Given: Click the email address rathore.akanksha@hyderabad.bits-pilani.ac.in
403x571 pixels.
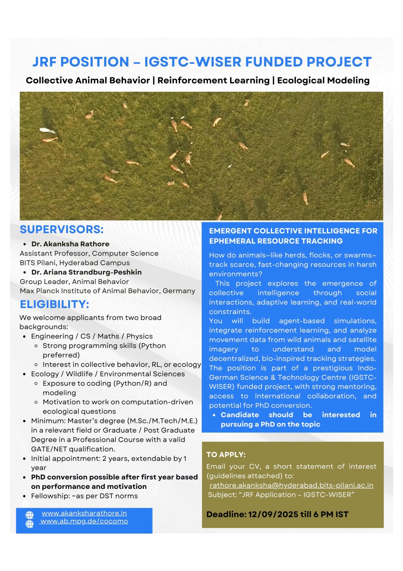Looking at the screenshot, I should click(x=291, y=485).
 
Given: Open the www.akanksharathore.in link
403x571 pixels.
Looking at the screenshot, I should click(x=84, y=513).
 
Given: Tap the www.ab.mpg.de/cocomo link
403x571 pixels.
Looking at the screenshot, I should click(x=84, y=521).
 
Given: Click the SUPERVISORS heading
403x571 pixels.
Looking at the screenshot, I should click(x=61, y=230).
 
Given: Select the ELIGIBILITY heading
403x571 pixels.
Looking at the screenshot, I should click(x=54, y=304).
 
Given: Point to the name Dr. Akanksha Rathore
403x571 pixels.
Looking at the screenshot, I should click(x=70, y=244).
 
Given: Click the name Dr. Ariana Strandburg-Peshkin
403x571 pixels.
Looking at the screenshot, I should click(x=87, y=272).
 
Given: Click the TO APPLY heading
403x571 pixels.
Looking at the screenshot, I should click(x=226, y=454).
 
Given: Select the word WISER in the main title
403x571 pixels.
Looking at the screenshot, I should click(x=214, y=62).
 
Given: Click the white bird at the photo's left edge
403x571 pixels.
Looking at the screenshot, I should click(x=47, y=130).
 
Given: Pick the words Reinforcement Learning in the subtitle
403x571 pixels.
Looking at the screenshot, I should click(x=213, y=80).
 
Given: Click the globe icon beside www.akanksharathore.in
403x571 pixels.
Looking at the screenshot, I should click(x=30, y=515).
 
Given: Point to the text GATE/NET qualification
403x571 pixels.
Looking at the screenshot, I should click(x=73, y=449).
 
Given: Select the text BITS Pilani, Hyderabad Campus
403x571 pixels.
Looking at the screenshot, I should click(x=74, y=263).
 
